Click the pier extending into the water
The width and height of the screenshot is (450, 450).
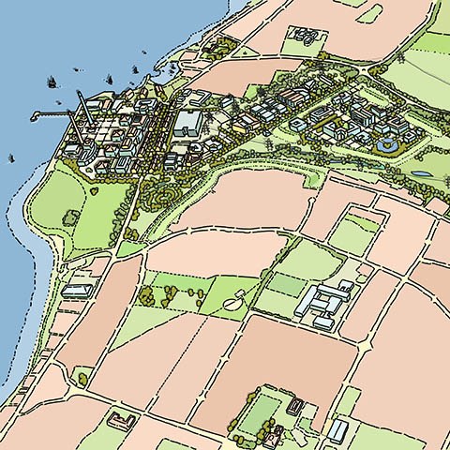click(47, 114)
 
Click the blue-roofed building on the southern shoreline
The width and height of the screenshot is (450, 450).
click(75, 292)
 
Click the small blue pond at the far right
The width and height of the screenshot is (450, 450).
click(423, 174)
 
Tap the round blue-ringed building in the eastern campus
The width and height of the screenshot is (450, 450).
click(385, 145)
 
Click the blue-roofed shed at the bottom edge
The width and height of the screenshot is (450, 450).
click(337, 429)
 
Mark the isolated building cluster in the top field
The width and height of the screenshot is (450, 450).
click(302, 36)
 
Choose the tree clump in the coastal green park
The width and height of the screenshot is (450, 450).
click(70, 217)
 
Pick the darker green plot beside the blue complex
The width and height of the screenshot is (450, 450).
click(286, 284)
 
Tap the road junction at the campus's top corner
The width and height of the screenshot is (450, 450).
click(373, 68)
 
